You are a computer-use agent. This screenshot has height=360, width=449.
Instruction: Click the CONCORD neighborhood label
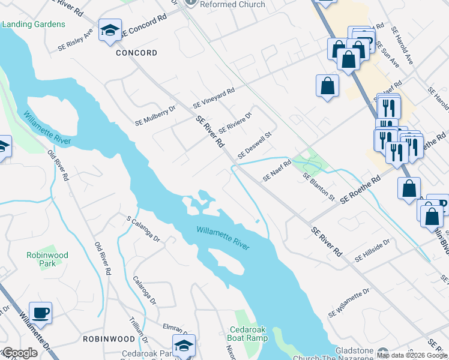(137, 53)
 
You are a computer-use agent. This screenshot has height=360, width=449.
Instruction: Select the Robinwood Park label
(47, 259)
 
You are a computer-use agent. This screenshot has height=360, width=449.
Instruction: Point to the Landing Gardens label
(34, 24)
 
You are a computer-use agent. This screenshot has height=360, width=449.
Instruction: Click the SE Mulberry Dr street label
(155, 113)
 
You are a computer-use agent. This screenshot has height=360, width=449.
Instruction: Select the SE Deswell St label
(255, 146)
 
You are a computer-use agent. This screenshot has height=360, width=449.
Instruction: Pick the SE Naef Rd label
(277, 170)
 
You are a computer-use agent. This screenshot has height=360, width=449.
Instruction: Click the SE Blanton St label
(319, 186)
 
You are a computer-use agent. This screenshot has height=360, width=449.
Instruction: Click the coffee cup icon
(41, 313)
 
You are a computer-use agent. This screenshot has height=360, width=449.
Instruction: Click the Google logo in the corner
(19, 353)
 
